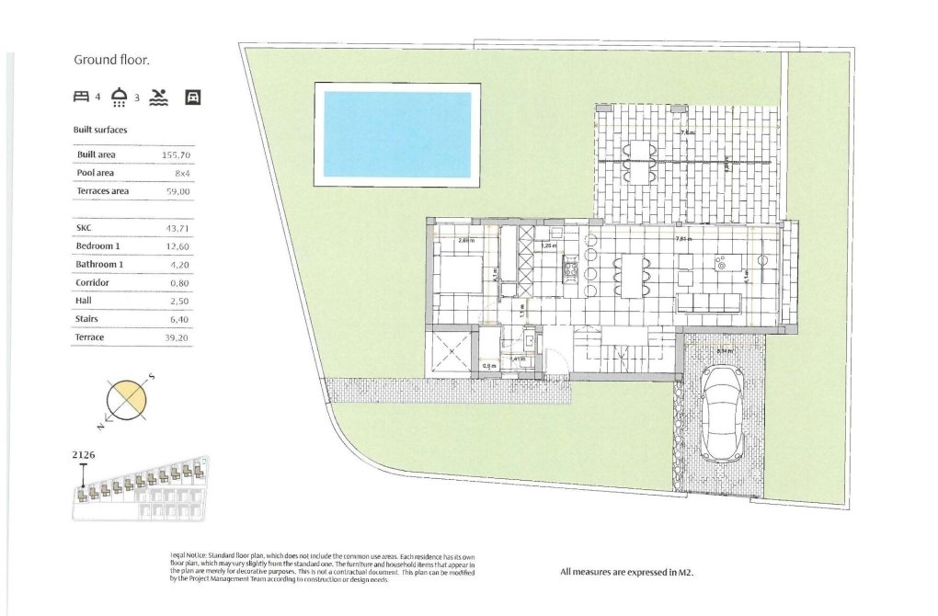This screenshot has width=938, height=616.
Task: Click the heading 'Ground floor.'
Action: coord(111,60)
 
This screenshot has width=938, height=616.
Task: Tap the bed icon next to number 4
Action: coord(81,96)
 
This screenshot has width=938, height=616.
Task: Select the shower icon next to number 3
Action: coord(120,96)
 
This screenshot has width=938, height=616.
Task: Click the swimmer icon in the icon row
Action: coord(158,96)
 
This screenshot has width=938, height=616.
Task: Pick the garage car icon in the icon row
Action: coord(193,96)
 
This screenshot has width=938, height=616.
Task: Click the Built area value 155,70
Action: coord(176,155)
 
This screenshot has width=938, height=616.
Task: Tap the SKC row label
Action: coord(85,228)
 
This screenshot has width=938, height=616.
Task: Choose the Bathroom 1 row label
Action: coord(99,264)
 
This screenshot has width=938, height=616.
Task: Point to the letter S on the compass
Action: coord(152,376)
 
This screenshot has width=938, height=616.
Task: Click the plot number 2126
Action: coord(84,454)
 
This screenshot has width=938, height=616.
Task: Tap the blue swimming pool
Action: coord(397,133)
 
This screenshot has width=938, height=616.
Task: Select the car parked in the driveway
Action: coord(722,414)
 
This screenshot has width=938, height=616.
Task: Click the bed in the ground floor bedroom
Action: coord(457,274)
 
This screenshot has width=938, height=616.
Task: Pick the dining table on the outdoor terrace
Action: coord(639,161)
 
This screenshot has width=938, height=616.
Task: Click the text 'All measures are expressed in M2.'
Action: coord(626,572)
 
